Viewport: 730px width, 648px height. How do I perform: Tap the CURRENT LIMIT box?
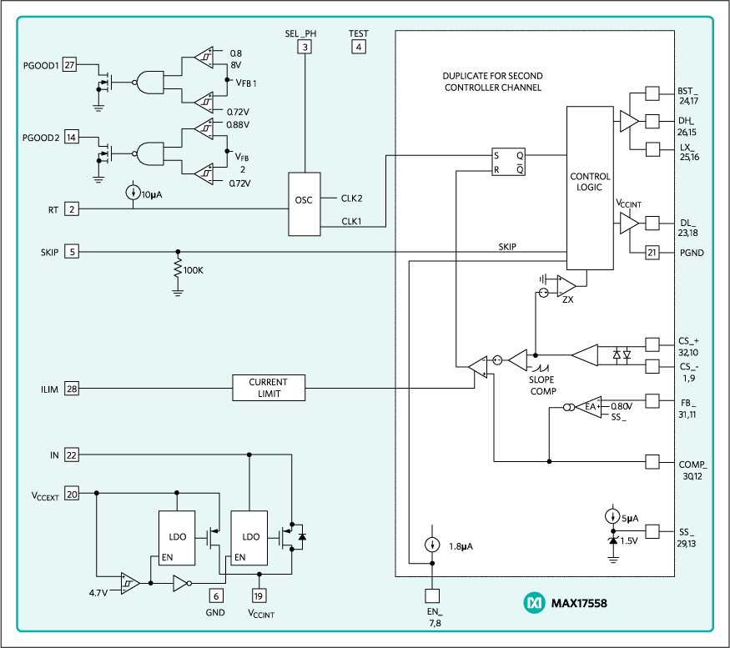(x=268, y=387)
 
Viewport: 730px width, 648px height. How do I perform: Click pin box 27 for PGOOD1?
(x=70, y=65)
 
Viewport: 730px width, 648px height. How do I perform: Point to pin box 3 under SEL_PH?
(x=306, y=47)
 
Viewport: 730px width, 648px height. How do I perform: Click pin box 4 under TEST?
(x=359, y=47)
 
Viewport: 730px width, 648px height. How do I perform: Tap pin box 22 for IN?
(x=71, y=455)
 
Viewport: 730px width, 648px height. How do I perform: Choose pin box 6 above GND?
(x=216, y=595)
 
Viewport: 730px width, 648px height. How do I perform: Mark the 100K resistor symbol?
(x=177, y=269)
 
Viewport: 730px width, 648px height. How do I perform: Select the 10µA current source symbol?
(x=133, y=193)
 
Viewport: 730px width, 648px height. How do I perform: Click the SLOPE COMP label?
(x=543, y=386)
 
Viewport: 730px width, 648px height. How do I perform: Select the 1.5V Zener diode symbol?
(x=613, y=541)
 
